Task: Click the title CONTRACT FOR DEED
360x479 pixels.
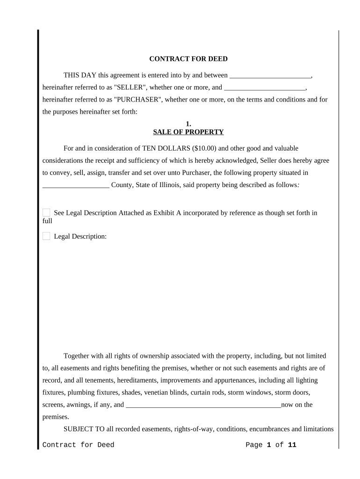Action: pyautogui.click(x=188, y=59)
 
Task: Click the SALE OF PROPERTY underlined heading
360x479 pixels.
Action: pyautogui.click(x=188, y=132)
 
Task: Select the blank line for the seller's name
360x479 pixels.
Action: pyautogui.click(x=270, y=75)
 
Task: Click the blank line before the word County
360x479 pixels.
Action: pyautogui.click(x=76, y=185)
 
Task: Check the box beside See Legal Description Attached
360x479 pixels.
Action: pyautogui.click(x=46, y=213)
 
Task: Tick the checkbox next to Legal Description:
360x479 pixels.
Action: pyautogui.click(x=46, y=236)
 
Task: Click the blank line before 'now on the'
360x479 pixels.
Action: pyautogui.click(x=203, y=405)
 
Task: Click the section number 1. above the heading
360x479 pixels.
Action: pyautogui.click(x=188, y=124)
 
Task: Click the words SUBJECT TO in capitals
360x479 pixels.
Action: pyautogui.click(x=80, y=429)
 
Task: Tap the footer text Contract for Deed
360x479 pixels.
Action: pyautogui.click(x=78, y=445)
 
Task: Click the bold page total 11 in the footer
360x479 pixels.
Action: pyautogui.click(x=292, y=445)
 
